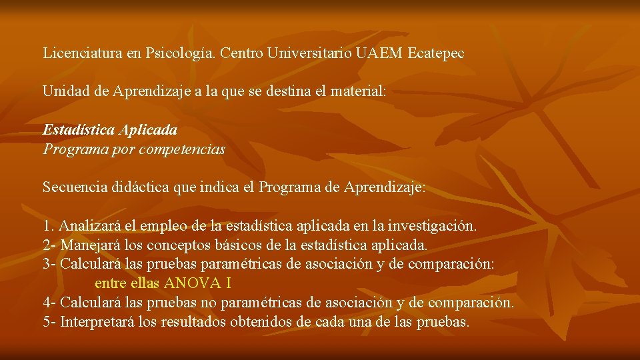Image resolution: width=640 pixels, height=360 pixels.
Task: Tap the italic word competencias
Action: (x=182, y=149)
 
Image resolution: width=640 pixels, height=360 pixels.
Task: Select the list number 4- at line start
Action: (x=49, y=303)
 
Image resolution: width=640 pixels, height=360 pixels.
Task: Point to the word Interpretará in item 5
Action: (x=97, y=322)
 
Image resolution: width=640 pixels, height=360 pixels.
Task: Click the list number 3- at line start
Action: (x=49, y=264)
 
